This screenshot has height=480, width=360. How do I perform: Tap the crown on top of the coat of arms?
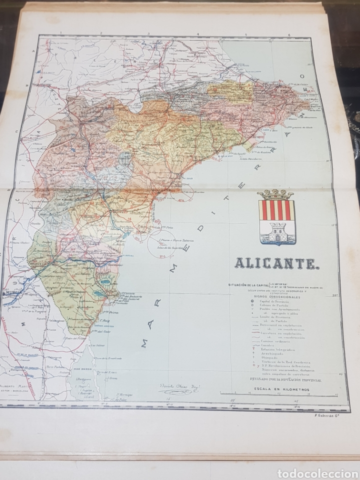coord(275,194)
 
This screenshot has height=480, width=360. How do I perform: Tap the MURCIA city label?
coord(13,294)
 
